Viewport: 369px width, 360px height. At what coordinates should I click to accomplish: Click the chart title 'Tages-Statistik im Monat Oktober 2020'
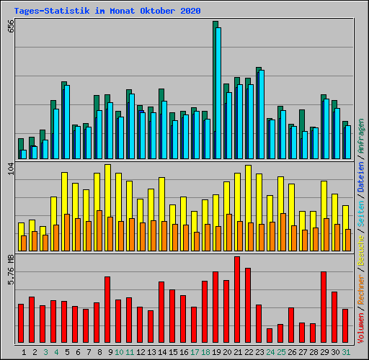point(107,11)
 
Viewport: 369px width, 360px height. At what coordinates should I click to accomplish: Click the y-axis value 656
point(10,26)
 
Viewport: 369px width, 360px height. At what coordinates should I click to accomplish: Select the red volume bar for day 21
point(236,300)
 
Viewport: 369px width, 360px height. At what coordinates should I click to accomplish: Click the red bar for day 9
point(107,310)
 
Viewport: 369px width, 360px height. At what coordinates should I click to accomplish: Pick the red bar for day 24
point(269,336)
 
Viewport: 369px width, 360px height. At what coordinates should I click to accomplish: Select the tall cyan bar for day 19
point(218,93)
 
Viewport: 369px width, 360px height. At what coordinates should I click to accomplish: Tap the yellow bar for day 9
point(107,190)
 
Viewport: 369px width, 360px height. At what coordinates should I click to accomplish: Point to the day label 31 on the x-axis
point(346,352)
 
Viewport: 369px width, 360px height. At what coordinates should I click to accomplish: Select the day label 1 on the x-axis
point(24,352)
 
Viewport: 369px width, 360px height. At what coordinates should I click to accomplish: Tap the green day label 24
point(270,352)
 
